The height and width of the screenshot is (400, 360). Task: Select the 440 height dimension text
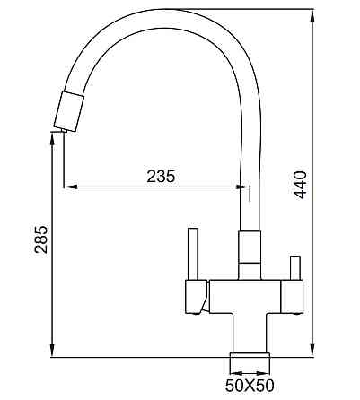point(301,185)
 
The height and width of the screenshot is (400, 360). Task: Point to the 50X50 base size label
point(250,387)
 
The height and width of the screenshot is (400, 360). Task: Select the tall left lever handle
point(190,253)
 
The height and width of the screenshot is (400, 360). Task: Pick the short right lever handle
point(293,266)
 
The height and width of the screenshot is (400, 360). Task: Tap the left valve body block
point(197,294)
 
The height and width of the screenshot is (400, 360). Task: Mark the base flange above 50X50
point(250,361)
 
